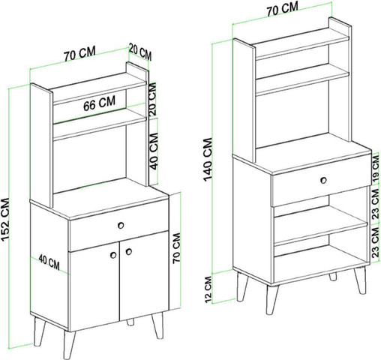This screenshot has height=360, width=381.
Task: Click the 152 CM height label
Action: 5,220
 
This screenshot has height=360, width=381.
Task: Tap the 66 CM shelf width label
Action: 99,103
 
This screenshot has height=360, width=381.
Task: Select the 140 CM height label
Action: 208,159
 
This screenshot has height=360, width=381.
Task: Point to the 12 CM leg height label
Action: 208,289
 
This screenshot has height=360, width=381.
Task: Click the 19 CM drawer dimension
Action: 376,169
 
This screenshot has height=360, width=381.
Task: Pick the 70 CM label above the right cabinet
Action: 282,9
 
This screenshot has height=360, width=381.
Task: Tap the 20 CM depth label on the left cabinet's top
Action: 140,52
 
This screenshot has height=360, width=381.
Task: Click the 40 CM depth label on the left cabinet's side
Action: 49,262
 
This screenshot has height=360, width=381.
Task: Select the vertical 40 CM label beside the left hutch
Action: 154,151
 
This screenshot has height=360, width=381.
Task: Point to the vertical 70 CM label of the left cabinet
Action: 176,247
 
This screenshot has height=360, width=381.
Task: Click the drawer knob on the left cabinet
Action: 121,226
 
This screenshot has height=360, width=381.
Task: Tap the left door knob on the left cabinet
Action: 113,255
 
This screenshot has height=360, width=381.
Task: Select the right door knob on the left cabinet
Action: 129,251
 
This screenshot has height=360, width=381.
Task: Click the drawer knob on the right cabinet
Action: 323,180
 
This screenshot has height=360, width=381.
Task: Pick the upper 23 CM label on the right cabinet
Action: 375,204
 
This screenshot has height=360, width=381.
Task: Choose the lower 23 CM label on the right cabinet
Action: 375,243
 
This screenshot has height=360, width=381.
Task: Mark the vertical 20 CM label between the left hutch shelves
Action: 152,100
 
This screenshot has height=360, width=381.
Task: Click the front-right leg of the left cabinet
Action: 157,325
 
